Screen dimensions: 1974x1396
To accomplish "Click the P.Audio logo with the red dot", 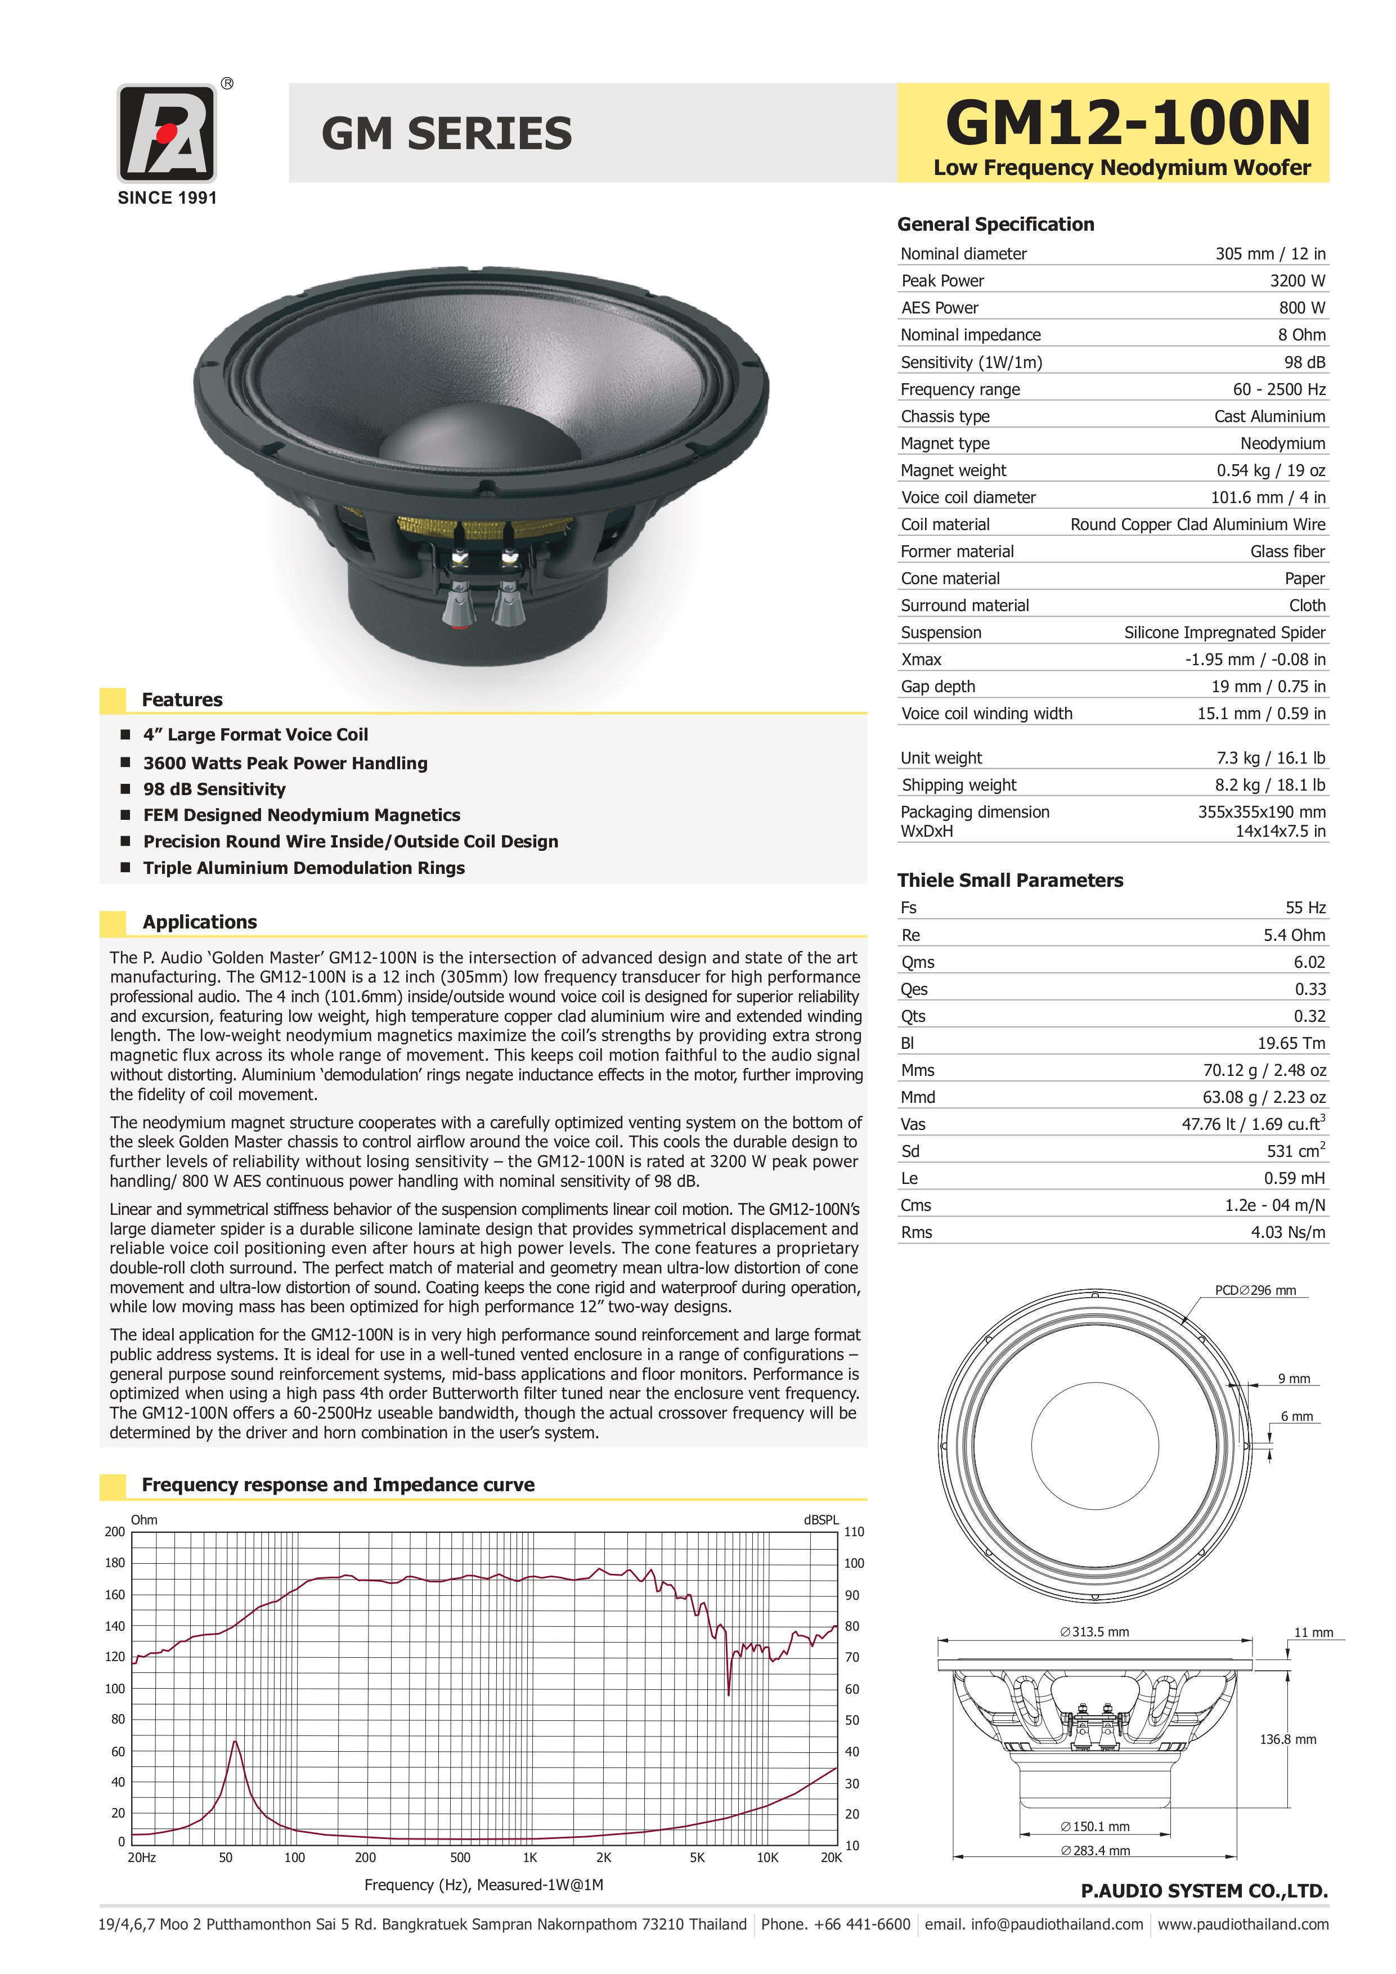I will (166, 133).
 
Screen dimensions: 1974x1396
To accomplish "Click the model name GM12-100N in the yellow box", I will (1127, 123).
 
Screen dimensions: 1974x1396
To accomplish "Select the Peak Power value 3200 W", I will (1297, 280).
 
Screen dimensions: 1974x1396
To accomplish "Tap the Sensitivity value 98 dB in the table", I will (1304, 362).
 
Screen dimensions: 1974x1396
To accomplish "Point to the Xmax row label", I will (921, 660).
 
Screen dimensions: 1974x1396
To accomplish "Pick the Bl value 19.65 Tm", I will (1290, 1043).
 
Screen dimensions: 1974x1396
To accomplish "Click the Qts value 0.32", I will (1309, 1016).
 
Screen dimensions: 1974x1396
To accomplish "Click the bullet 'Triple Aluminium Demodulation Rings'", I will (303, 868).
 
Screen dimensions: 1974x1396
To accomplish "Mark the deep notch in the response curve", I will (729, 1692).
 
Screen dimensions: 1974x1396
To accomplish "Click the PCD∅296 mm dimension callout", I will (1254, 1290).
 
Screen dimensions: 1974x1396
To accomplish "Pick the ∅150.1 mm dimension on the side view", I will (1095, 1826).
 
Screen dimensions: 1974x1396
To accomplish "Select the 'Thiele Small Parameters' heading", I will (1009, 881).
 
